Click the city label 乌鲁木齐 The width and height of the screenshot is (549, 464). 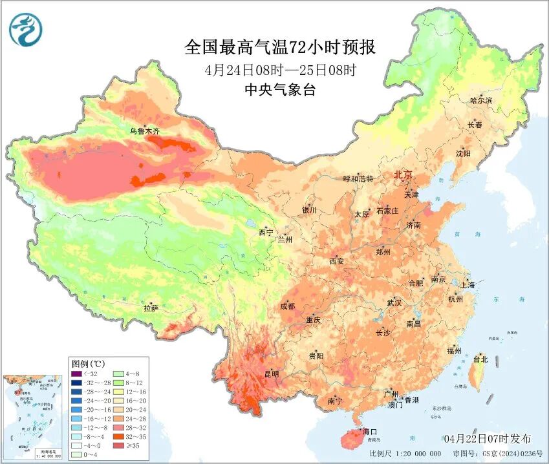pos(144,131)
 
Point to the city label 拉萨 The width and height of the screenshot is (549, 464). pos(151,309)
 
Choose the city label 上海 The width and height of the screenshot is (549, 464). pos(467,284)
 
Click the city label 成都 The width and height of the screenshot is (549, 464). pos(287,306)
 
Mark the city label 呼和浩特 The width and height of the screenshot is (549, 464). pos(358,178)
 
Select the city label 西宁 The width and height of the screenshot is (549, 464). pos(266,232)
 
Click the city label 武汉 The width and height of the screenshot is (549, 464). pos(394,302)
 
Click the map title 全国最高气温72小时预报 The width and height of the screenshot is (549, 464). pos(279,47)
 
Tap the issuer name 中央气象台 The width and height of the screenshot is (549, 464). pos(279,90)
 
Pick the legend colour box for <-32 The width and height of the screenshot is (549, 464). pos(76,373)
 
